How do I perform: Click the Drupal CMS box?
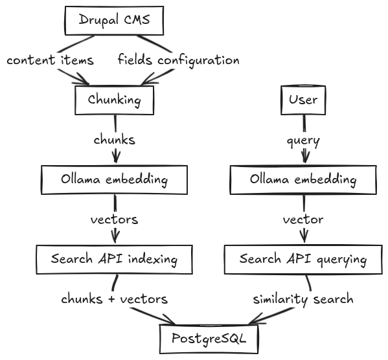114,21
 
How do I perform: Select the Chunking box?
114,100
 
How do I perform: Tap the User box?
303,100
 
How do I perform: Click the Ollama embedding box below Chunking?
114,180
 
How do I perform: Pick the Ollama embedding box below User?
303,180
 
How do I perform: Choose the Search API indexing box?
114,260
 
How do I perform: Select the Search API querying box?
303,260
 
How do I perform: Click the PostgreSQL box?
209,339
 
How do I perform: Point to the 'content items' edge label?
51,60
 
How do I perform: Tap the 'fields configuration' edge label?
179,61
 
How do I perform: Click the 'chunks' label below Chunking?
114,140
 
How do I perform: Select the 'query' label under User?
303,142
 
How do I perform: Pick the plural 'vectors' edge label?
114,219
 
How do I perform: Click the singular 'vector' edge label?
303,219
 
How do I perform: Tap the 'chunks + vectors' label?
114,299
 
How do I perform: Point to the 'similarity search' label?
303,300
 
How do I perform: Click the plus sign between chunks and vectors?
111,299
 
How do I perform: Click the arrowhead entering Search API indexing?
115,237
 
